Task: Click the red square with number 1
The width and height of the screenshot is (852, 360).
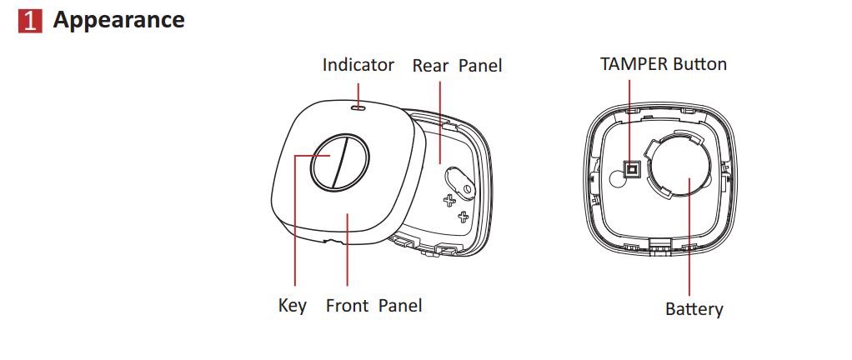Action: [x=30, y=21]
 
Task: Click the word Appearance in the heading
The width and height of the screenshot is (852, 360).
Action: [x=118, y=21]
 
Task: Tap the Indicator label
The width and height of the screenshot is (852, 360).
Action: [x=358, y=65]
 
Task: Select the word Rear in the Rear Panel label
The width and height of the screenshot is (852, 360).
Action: [x=430, y=66]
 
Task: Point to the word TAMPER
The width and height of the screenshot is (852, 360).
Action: [x=634, y=64]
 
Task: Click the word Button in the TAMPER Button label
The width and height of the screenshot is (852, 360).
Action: [x=700, y=64]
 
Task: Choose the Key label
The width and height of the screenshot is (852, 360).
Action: [x=293, y=305]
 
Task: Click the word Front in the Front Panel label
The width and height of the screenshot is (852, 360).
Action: [x=348, y=305]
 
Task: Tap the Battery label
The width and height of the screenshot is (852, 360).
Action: [x=694, y=309]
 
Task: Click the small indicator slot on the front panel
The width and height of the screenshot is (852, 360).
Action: [x=358, y=108]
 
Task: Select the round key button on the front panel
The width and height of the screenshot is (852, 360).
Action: [x=339, y=162]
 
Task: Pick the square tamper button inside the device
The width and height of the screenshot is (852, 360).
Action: [x=631, y=171]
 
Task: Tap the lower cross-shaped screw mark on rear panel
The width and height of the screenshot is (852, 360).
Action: [x=463, y=217]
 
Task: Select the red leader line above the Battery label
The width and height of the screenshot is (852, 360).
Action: [x=689, y=236]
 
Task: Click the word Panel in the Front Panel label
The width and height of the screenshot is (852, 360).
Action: [x=400, y=305]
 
